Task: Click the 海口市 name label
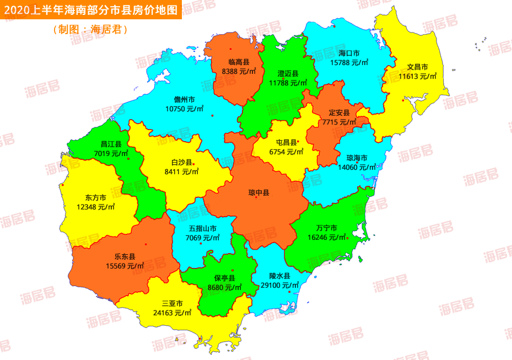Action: tap(349, 53)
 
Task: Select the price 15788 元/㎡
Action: tap(349, 63)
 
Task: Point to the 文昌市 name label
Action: tap(417, 67)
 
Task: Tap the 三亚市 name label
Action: tap(173, 303)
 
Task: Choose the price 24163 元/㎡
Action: tap(173, 313)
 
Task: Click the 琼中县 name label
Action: tap(258, 193)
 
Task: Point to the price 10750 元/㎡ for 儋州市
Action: tap(184, 109)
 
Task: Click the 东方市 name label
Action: tap(96, 197)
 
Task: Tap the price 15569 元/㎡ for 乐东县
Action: tap(125, 266)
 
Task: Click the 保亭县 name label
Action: tap(225, 278)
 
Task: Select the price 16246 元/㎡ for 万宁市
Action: tap(327, 238)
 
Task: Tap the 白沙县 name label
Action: tap(181, 163)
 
